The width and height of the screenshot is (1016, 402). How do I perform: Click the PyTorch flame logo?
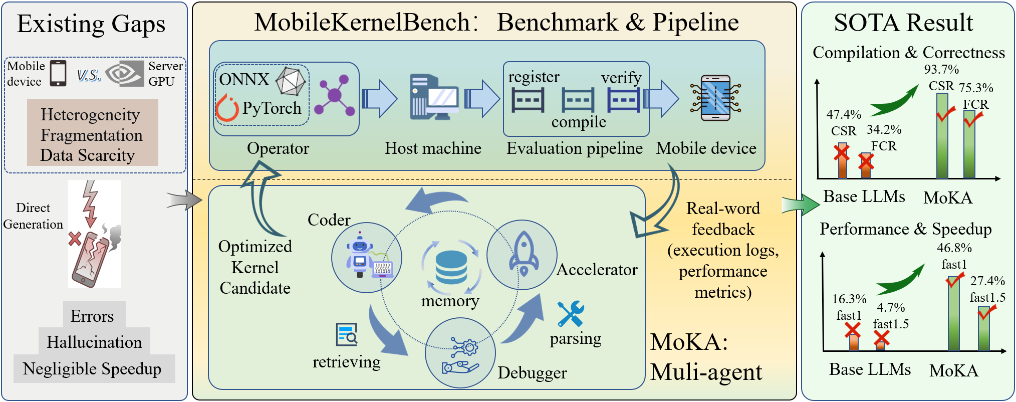click(x=227, y=109)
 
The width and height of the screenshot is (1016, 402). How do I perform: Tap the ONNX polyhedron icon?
click(x=291, y=81)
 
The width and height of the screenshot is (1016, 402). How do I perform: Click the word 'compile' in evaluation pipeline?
click(x=579, y=122)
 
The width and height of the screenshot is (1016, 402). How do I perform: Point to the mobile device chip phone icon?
click(x=715, y=98)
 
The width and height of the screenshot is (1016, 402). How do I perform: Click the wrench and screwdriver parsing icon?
click(x=571, y=314)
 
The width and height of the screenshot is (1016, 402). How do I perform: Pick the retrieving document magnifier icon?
click(x=347, y=335)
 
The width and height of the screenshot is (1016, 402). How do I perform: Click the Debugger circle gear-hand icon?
click(x=460, y=354)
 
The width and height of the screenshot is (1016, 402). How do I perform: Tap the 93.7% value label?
click(x=941, y=69)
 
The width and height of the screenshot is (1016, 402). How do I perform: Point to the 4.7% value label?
click(x=890, y=307)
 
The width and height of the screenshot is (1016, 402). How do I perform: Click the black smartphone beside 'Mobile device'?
click(x=58, y=73)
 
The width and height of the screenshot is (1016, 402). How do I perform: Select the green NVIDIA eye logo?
click(x=125, y=74)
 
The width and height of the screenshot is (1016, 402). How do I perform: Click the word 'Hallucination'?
click(x=94, y=342)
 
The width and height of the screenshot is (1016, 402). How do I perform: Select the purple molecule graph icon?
click(x=335, y=95)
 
